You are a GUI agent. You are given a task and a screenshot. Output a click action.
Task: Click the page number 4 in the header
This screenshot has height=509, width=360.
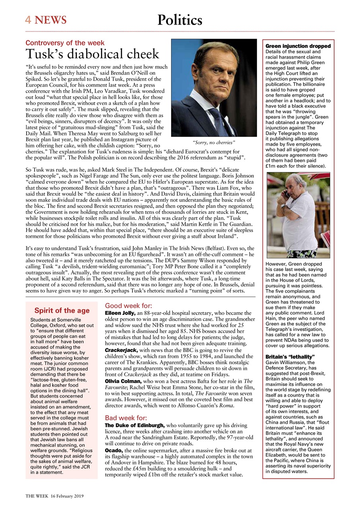tap(28, 20)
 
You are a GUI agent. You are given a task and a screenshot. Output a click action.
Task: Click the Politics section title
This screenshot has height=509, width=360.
tap(180, 19)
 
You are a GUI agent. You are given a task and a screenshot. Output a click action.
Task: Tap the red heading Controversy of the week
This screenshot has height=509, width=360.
tap(65, 43)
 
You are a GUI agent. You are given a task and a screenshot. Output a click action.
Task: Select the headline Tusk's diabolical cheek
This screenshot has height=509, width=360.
tap(92, 54)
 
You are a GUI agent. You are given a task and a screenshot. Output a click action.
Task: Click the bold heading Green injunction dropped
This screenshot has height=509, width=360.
tap(298, 46)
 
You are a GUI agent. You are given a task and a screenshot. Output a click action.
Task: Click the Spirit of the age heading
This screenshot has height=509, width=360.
tap(62, 311)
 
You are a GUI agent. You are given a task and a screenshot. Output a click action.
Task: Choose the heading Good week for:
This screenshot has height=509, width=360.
tap(128, 306)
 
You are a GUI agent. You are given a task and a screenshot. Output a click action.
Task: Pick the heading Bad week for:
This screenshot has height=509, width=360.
tap(126, 418)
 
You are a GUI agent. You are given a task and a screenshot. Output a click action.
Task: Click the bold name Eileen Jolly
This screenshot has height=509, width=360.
tap(120, 313)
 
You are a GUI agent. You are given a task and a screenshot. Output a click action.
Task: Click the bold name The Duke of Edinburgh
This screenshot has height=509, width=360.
tap(135, 425)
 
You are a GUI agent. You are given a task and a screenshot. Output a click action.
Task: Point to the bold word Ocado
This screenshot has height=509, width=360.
tap(114, 450)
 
